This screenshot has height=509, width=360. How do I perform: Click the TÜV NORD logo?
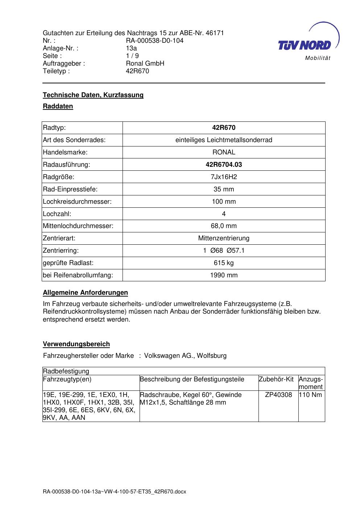tap(305, 45)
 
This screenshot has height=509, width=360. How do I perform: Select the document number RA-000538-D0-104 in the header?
tap(154, 41)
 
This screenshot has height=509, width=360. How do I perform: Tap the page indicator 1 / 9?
tap(132, 56)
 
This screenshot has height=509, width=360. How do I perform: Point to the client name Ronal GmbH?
tap(145, 63)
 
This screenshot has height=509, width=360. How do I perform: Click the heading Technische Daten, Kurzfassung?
tap(93, 95)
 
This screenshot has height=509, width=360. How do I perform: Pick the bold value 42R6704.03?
tap(224, 165)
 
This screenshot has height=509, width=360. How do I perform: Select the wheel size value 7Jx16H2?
tap(224, 177)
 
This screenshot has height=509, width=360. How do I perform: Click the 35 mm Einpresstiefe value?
tap(224, 189)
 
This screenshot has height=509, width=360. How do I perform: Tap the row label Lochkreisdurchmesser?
tap(77, 202)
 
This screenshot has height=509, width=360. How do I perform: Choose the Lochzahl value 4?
tap(224, 214)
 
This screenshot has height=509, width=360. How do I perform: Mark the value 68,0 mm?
tap(224, 226)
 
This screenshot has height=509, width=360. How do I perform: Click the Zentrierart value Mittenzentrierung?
tap(224, 239)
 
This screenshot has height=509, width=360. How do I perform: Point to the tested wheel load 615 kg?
tap(224, 263)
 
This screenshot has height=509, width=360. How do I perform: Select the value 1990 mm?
tap(224, 275)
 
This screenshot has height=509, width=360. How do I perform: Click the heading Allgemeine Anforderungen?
tap(85, 293)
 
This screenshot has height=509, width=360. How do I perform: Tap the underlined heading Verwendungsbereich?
tap(76, 344)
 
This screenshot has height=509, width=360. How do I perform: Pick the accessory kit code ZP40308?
tap(278, 395)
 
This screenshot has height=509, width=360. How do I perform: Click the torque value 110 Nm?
tap(311, 395)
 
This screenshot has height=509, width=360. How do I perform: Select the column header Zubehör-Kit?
tap(276, 379)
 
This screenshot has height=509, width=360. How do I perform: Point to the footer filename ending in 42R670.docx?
tap(114, 492)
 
